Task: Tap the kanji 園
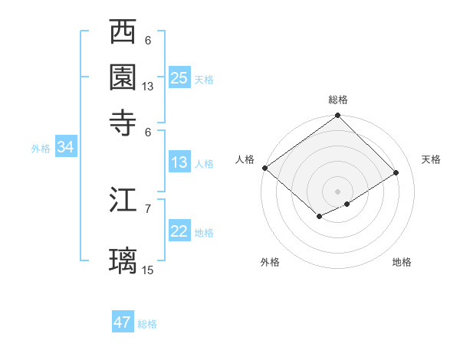click(123, 77)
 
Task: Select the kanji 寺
click(123, 123)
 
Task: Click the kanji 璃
click(123, 260)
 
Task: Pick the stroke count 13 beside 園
click(148, 87)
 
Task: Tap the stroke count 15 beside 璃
click(148, 270)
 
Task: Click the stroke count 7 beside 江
click(148, 208)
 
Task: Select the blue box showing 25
click(179, 77)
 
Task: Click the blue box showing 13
click(179, 162)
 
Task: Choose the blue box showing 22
click(179, 231)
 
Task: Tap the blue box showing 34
click(65, 148)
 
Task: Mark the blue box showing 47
click(123, 322)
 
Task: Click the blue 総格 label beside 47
click(147, 324)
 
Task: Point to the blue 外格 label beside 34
click(41, 149)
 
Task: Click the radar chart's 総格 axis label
click(338, 100)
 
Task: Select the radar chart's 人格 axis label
click(245, 159)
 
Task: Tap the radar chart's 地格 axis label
click(402, 262)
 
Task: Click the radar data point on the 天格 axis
click(396, 173)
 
